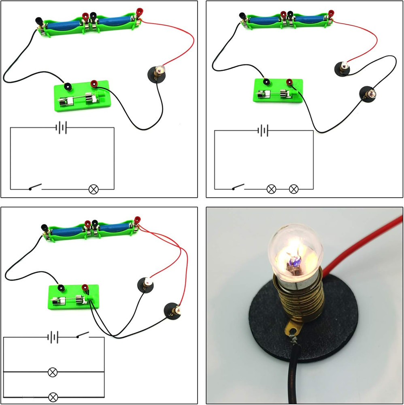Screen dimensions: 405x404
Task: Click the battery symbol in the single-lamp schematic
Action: [61, 128]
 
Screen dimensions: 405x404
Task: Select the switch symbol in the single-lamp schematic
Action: [35, 188]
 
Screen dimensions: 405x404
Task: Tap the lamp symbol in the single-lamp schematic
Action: [94, 189]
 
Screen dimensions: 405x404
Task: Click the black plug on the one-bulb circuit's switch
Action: [68, 86]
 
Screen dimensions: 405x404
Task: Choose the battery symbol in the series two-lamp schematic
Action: [263, 130]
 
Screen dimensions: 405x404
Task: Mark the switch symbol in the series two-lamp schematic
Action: [238, 188]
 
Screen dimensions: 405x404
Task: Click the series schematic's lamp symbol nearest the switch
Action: [271, 189]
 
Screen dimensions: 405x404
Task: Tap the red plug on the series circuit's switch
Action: [290, 83]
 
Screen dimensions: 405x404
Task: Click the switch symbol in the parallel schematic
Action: [83, 336]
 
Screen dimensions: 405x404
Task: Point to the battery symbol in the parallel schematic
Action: [53, 337]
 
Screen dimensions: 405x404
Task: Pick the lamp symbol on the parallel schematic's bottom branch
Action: [53, 396]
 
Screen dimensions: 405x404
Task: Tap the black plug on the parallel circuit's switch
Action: [61, 288]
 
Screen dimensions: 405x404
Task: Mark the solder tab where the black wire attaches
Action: [292, 333]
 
